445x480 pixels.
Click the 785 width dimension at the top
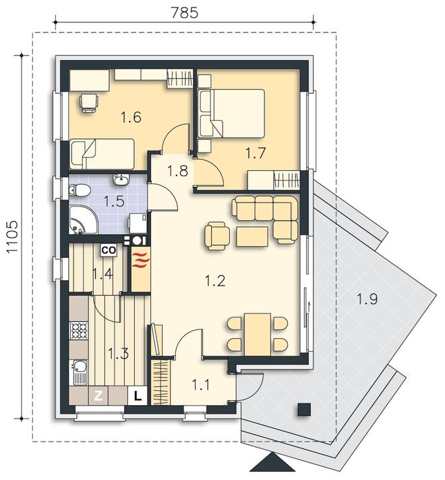[184, 13]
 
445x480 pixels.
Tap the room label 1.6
[131, 117]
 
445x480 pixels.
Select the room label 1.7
[256, 153]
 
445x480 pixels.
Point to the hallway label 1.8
[177, 171]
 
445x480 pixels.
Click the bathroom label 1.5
[114, 202]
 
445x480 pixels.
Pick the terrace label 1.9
[367, 299]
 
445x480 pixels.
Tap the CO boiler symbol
[109, 250]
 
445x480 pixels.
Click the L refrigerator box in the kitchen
[138, 396]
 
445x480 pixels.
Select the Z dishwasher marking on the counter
[98, 396]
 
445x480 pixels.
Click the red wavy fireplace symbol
[141, 260]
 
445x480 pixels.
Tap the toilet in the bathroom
[80, 190]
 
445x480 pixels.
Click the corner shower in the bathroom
[82, 220]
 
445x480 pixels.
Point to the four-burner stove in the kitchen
[79, 330]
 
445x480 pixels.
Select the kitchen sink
[80, 372]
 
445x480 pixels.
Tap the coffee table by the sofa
[252, 236]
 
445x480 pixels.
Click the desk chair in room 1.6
[88, 103]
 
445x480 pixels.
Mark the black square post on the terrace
[305, 409]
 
